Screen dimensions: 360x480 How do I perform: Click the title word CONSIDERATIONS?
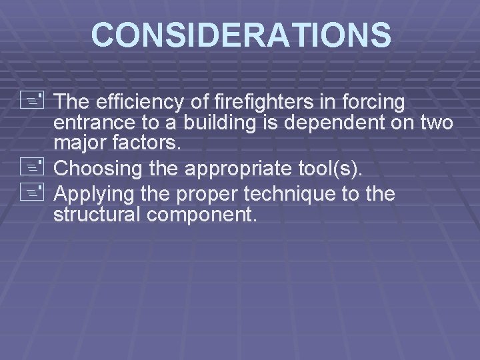tap(241, 35)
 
